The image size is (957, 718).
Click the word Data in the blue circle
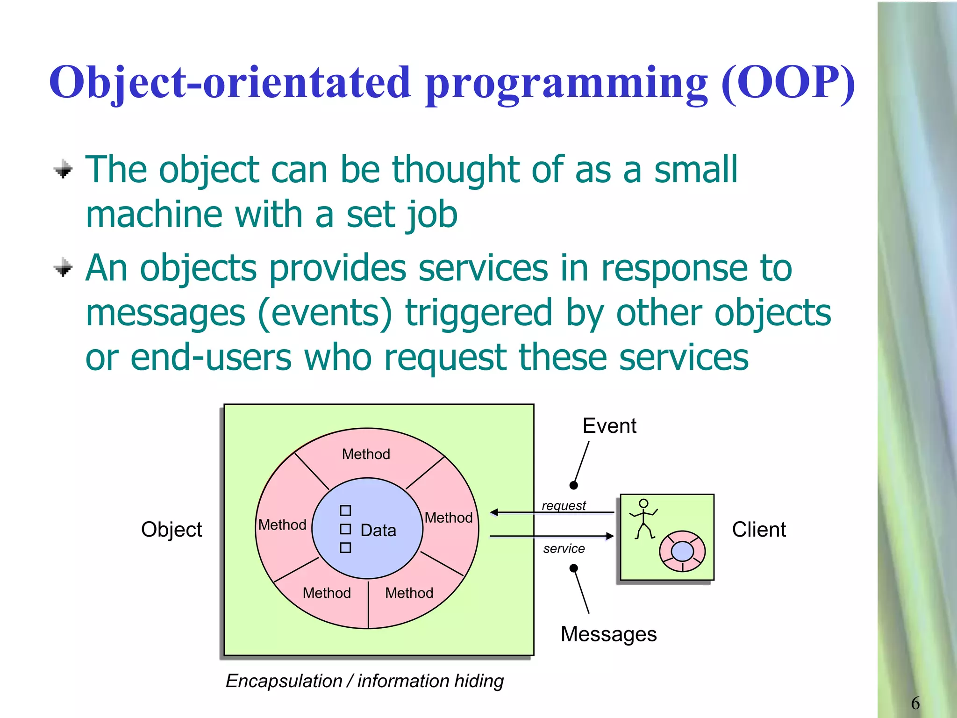point(378,531)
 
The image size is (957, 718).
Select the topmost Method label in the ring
point(366,454)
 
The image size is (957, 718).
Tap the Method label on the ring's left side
point(282,525)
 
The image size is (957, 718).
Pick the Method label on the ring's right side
point(449,517)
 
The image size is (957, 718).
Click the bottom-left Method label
point(327,593)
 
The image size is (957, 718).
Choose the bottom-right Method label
point(409,593)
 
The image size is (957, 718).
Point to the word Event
point(609,426)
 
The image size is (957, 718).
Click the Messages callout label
point(608,634)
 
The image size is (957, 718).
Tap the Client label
point(759,530)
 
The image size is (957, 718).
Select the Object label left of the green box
point(171,530)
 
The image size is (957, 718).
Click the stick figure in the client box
point(643,519)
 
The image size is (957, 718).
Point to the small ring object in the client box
point(682,552)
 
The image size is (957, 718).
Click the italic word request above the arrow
point(564,505)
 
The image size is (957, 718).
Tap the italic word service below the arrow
point(564,548)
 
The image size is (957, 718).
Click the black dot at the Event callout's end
point(574,485)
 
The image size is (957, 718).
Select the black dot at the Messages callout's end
point(574,568)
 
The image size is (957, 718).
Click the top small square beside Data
point(345,510)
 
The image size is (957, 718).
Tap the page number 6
point(915,703)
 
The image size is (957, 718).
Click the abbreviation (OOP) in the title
point(788,82)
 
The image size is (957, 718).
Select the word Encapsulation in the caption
point(284,681)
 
